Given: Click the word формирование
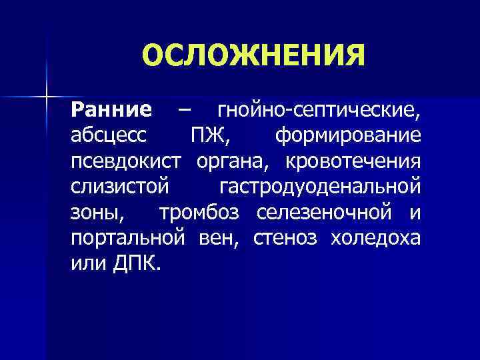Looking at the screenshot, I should (347, 135).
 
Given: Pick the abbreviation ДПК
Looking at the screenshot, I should (136, 264).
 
